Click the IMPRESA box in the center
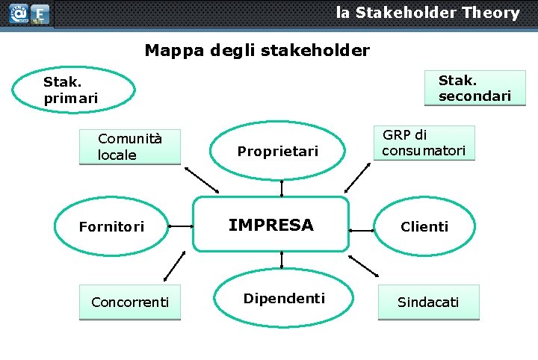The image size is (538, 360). [x=271, y=225]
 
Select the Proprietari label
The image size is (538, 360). [x=277, y=152]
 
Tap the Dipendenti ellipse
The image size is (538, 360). [x=283, y=299]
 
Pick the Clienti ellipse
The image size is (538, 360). [x=424, y=226]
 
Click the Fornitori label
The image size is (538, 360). [x=111, y=226]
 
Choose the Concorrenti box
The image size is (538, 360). [x=130, y=302]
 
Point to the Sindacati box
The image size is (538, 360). [x=428, y=302]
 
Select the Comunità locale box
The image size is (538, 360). [x=130, y=146]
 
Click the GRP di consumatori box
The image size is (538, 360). [x=424, y=143]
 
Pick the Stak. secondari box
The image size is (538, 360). [x=474, y=88]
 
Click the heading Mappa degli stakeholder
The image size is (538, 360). [x=257, y=51]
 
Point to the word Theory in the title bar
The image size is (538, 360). [x=490, y=13]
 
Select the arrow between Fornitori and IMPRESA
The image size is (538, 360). [x=180, y=226]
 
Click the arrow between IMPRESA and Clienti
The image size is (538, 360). [x=361, y=226]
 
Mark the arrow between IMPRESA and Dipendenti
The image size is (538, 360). [x=282, y=259]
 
